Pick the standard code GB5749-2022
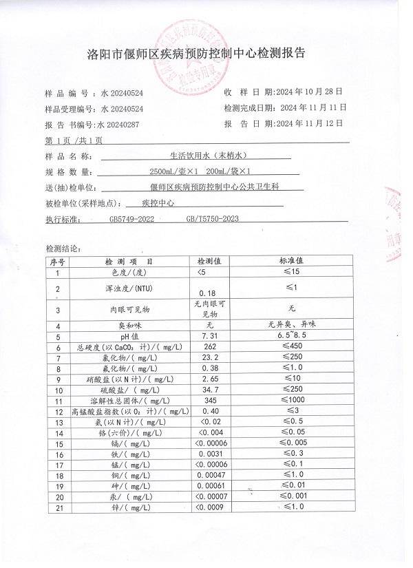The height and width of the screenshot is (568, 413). tap(136, 219)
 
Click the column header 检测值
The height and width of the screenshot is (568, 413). tap(209, 262)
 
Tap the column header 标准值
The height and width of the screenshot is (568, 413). tap(296, 262)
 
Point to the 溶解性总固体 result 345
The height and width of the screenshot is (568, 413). tap(209, 400)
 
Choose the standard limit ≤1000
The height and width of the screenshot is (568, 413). tap(297, 400)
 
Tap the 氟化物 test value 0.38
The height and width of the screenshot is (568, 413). tap(208, 368)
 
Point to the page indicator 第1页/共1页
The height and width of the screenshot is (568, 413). tap(74, 140)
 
